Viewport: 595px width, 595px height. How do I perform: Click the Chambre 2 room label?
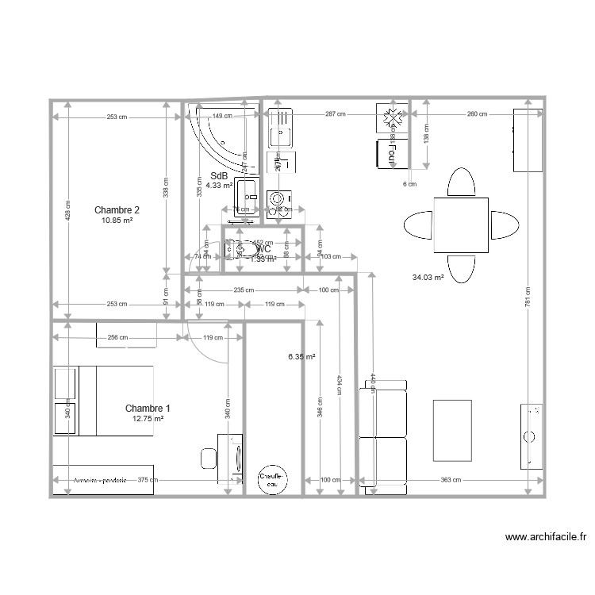click(x=117, y=210)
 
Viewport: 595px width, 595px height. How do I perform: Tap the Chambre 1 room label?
click(x=148, y=408)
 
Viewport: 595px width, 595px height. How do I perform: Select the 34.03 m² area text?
click(x=427, y=278)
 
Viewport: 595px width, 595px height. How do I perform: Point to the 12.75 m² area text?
click(x=148, y=419)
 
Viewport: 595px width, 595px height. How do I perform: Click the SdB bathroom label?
click(x=219, y=176)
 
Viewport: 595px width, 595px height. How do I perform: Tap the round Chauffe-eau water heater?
click(x=272, y=478)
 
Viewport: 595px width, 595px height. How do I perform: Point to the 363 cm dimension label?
click(x=451, y=480)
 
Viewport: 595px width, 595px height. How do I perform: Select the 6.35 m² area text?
click(x=301, y=357)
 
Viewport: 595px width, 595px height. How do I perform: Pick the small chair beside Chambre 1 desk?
click(x=208, y=458)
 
